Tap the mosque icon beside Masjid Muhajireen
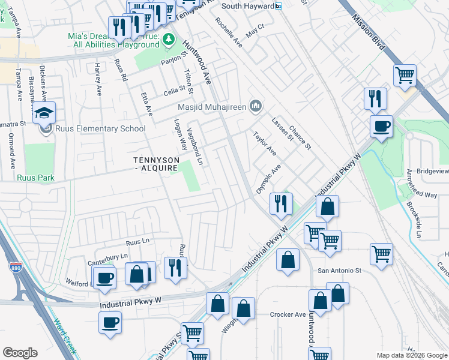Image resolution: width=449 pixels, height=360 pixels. coord(256,107)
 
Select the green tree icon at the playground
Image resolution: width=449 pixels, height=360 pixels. coord(169,40)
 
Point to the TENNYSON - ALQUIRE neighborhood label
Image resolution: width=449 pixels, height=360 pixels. coord(155,164)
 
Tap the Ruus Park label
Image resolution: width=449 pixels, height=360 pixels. coord(36,178)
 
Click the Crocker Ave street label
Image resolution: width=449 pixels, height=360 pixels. coord(288,314)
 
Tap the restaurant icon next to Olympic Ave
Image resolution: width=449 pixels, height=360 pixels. coord(280,204)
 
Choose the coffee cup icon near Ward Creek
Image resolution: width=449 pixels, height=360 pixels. coord(110,322)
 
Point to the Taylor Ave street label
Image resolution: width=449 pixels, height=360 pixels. coord(264,143)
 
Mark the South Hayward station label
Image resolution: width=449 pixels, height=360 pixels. coord(247,6)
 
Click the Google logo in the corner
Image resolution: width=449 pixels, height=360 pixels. coord(20,353)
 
